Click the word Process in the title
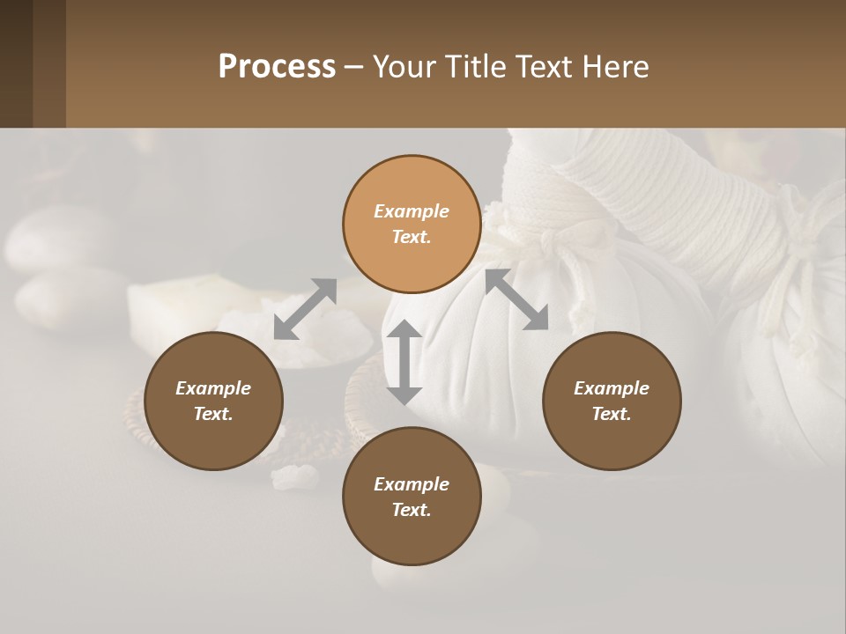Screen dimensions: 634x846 point(277,67)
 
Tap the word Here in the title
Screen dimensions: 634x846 point(615,67)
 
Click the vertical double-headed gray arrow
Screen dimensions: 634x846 point(404,362)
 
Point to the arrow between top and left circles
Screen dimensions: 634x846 point(305,308)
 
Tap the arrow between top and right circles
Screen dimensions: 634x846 point(516,299)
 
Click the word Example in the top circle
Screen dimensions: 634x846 point(412,211)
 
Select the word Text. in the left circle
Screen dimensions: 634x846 point(213,414)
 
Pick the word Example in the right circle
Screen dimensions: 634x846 point(612,388)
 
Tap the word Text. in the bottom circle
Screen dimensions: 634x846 point(412,510)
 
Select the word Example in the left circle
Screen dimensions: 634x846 point(213,388)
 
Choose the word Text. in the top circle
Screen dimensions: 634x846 point(412,237)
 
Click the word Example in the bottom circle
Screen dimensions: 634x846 point(412,484)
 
